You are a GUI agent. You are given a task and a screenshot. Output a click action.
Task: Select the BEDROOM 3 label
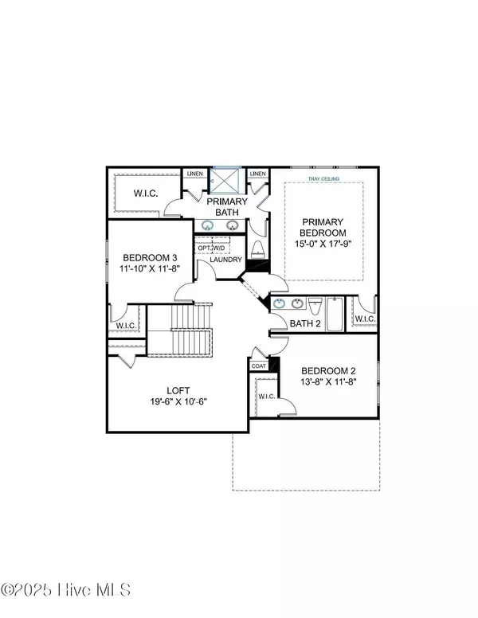pyautogui.click(x=150, y=257)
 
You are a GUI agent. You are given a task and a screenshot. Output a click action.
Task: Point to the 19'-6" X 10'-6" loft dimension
pyautogui.click(x=178, y=401)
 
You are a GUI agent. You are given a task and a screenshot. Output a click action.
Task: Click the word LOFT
pyautogui.click(x=178, y=390)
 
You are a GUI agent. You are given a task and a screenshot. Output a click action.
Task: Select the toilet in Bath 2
pyautogui.click(x=315, y=307)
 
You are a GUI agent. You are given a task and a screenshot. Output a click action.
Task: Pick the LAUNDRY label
pyautogui.click(x=225, y=260)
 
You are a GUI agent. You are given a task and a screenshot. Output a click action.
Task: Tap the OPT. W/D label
pyautogui.click(x=211, y=247)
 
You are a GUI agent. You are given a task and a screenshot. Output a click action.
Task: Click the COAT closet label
pyautogui.click(x=259, y=366)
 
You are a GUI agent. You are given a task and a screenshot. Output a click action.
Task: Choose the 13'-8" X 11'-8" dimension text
pyautogui.click(x=327, y=382)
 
